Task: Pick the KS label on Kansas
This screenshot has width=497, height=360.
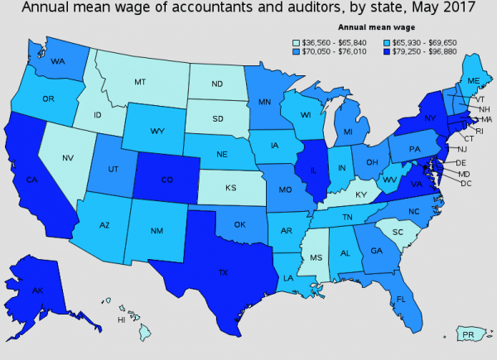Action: pyautogui.click(x=231, y=188)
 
